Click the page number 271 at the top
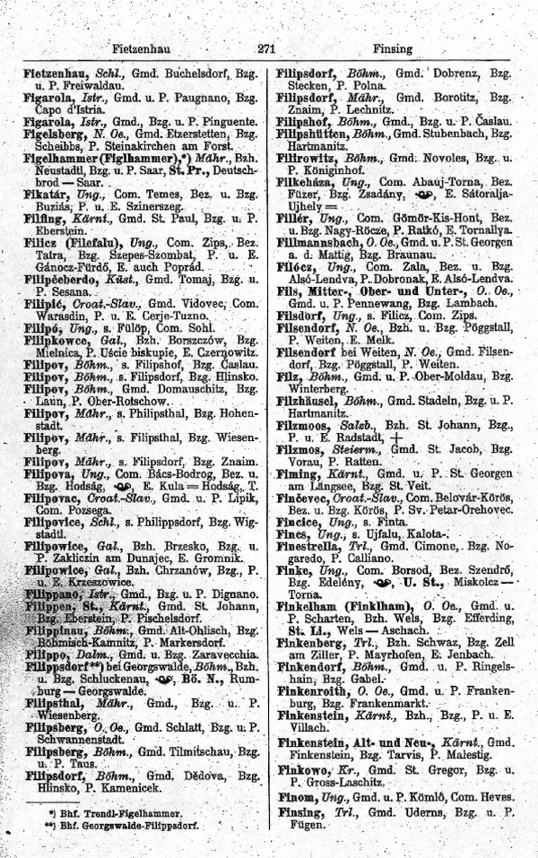coord(265,49)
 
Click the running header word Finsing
coord(394,49)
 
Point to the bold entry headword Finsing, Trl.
coord(300,811)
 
